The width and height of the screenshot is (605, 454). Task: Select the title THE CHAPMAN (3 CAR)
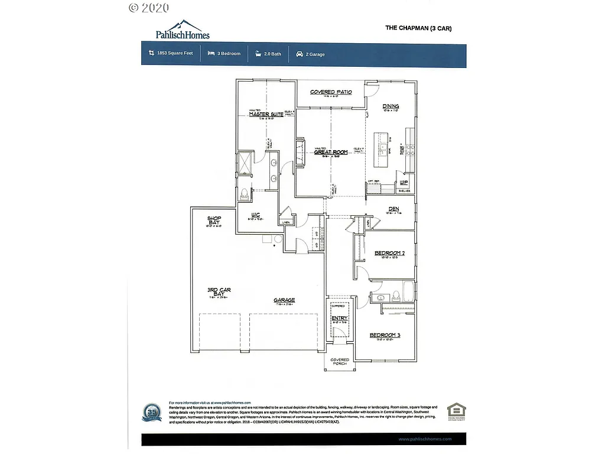tap(418, 28)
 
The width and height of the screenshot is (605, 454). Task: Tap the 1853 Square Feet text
tap(171, 54)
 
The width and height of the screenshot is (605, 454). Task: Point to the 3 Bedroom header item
tap(224, 54)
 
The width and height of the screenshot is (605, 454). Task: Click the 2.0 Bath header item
tap(268, 54)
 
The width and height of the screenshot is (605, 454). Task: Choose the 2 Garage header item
tap(310, 54)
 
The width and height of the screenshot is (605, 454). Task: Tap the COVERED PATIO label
tap(331, 92)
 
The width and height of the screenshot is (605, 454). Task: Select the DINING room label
tap(391, 106)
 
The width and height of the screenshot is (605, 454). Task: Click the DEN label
tap(395, 209)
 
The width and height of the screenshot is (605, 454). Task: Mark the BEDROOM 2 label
tap(389, 253)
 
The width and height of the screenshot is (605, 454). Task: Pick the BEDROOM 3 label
tap(385, 335)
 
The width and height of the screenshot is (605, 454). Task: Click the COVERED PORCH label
tap(340, 361)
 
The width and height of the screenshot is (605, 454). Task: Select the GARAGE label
tap(284, 300)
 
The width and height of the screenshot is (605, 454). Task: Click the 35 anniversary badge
tap(151, 412)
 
